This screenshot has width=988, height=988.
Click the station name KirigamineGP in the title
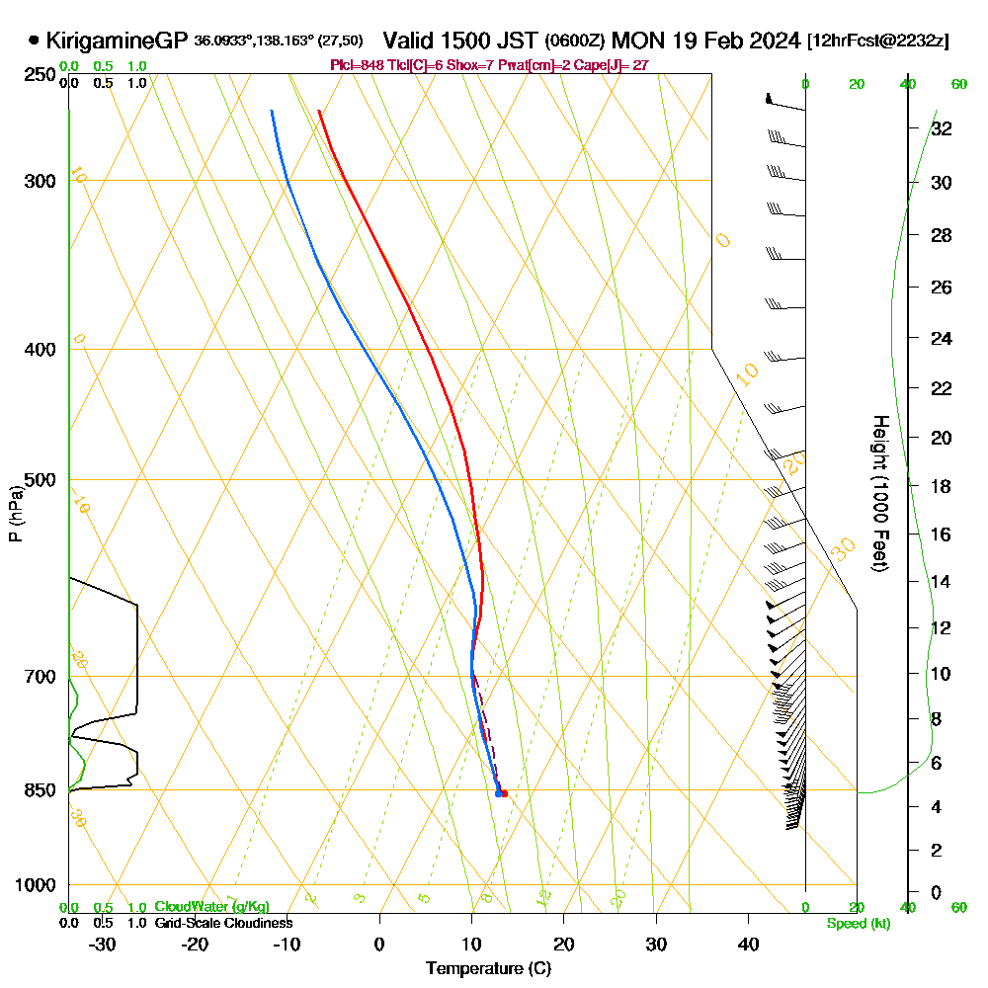tap(117, 41)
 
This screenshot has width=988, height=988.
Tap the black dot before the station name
tap(35, 41)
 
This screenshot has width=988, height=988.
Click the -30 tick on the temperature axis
tap(103, 944)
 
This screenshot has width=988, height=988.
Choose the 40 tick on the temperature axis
tap(748, 944)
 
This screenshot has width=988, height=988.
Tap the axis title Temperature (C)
tap(488, 969)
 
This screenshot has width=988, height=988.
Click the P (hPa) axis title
tap(16, 514)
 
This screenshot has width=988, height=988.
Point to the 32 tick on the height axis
tap(942, 128)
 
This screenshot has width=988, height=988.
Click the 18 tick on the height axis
tap(942, 486)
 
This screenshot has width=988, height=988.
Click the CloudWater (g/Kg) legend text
tap(211, 907)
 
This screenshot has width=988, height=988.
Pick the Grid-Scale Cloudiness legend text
tap(223, 923)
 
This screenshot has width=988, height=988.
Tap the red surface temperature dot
tap(504, 792)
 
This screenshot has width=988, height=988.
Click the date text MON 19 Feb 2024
tap(705, 41)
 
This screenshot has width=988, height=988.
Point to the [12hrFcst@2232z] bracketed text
tap(878, 41)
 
